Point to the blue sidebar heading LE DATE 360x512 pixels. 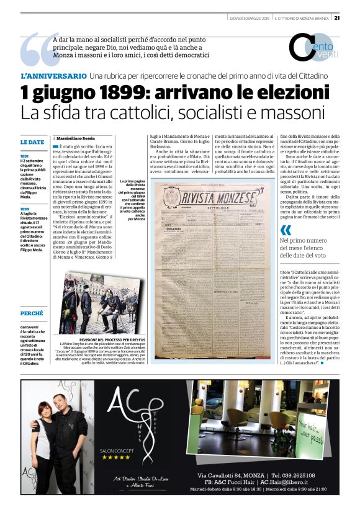pos(32,142)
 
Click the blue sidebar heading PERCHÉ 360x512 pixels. pos(32,313)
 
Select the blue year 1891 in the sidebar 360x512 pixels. pos(24,156)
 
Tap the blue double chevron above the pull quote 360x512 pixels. pos(286,230)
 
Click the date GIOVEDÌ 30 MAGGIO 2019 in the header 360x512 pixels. pos(246,17)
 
